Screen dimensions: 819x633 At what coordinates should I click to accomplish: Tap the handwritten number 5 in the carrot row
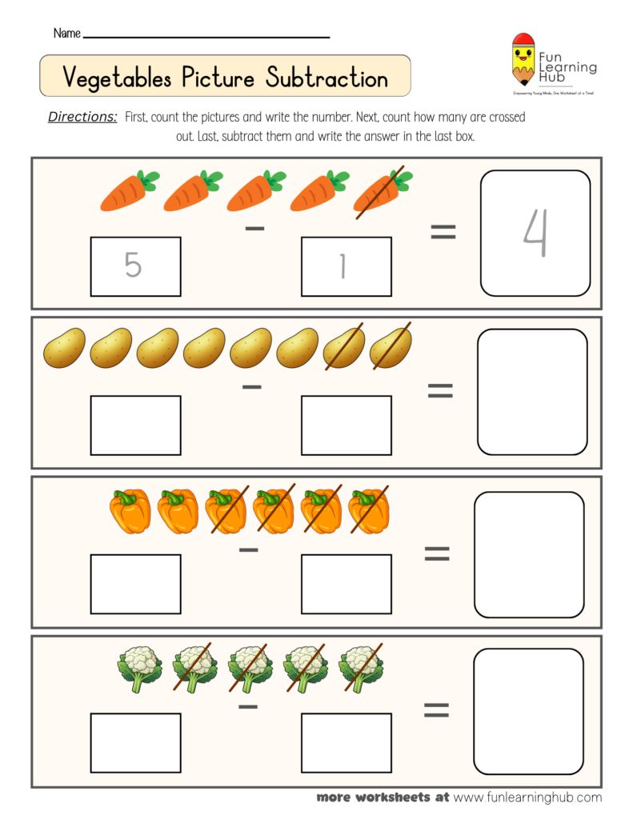coord(134,266)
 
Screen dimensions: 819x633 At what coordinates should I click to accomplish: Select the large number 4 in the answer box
coord(535,234)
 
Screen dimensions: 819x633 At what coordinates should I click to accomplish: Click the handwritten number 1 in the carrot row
coord(343,266)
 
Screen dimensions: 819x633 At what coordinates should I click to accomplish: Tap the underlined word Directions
coord(82,117)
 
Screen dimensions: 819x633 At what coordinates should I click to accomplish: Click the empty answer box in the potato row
coord(532,392)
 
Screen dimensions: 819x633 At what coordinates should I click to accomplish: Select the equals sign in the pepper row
coord(437,553)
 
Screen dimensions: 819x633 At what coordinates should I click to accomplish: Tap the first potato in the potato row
coord(64,349)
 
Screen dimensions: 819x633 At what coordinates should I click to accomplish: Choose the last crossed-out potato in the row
coord(391,348)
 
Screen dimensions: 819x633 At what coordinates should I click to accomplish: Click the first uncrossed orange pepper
coord(130,512)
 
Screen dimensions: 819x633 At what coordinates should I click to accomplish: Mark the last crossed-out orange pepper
coord(368,512)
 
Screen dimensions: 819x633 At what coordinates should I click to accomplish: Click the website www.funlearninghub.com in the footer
coord(527,797)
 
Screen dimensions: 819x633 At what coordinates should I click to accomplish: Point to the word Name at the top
coord(66,34)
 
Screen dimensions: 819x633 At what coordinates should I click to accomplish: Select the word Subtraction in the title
coord(327,78)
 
